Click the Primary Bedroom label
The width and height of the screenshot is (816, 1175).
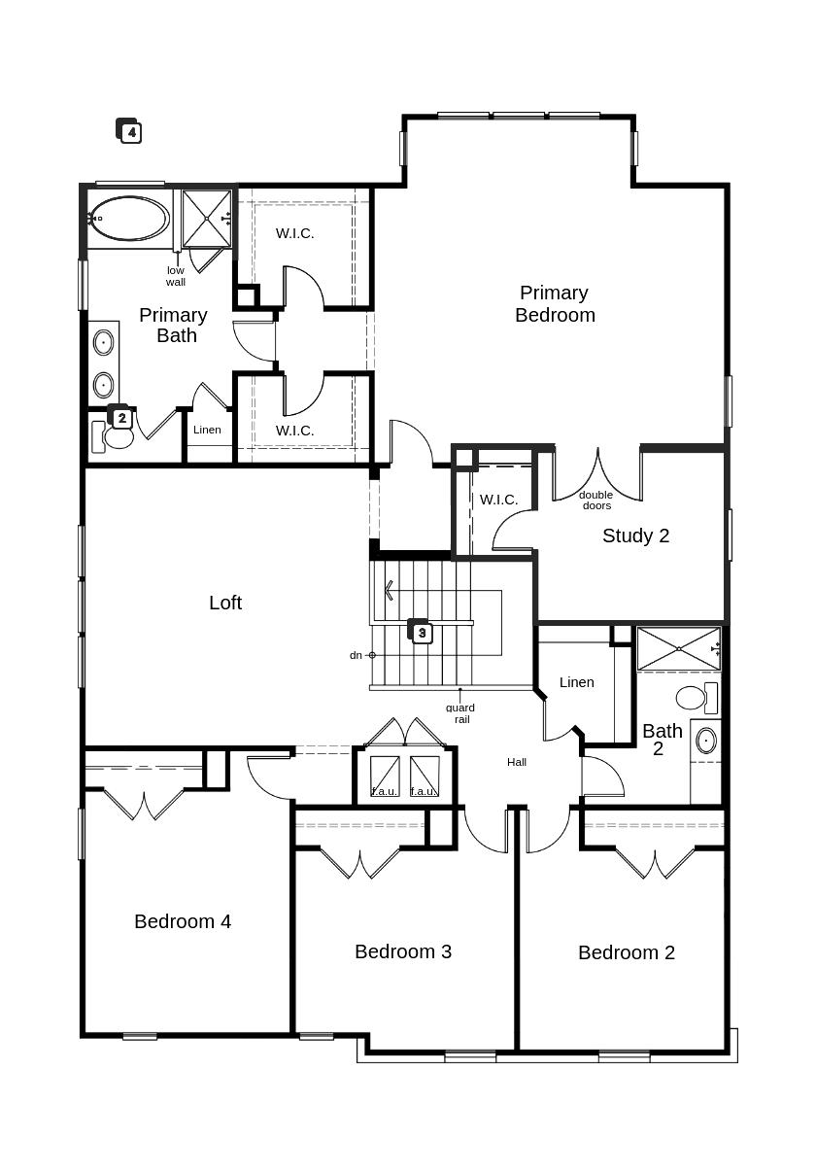pos(555,303)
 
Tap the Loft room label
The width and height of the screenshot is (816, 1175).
pos(225,603)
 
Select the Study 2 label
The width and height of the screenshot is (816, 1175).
pos(635,536)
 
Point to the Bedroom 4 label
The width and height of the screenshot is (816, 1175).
pos(183,921)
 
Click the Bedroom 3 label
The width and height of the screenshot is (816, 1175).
pos(403,951)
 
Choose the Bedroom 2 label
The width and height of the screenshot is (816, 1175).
pos(627,952)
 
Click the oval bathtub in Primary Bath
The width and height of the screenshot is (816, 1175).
pos(130,219)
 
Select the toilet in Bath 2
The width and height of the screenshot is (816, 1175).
pos(692,697)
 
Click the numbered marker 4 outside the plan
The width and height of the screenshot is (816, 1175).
pos(130,131)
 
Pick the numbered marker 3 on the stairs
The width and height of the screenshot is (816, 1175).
pos(421,632)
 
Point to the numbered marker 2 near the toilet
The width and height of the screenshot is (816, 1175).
pos(121,418)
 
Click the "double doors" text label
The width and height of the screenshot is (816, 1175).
pos(596,500)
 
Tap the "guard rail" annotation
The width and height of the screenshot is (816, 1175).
pos(460,713)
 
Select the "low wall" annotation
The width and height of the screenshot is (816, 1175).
pos(176,276)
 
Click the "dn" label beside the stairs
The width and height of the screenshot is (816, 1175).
pos(356,655)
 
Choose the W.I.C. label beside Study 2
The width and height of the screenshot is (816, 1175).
pos(498,500)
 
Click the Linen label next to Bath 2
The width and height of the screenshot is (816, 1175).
pos(576,682)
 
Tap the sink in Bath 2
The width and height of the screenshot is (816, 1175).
pos(706,741)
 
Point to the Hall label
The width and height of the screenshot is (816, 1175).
pos(517,762)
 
